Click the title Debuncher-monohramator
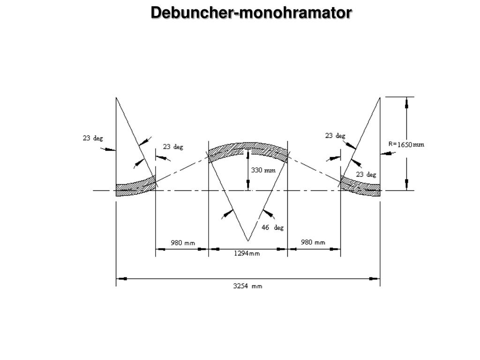pyautogui.click(x=251, y=13)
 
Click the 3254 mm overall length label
pyautogui.click(x=248, y=286)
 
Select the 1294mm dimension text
pyautogui.click(x=247, y=254)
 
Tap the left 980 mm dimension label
pyautogui.click(x=183, y=242)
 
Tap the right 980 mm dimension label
pyautogui.click(x=313, y=242)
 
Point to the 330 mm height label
pyautogui.click(x=263, y=171)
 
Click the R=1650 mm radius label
pyautogui.click(x=406, y=144)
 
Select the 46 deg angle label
pyautogui.click(x=272, y=227)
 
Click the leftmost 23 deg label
pyautogui.click(x=93, y=138)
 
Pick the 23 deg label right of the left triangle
pyautogui.click(x=173, y=147)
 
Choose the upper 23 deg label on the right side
pyautogui.click(x=335, y=135)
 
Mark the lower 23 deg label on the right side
pyautogui.click(x=366, y=174)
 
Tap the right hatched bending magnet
pyautogui.click(x=360, y=186)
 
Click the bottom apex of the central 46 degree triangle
pyautogui.click(x=247, y=241)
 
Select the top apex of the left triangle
pyautogui.click(x=116, y=97)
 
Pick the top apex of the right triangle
pyautogui.click(x=380, y=97)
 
